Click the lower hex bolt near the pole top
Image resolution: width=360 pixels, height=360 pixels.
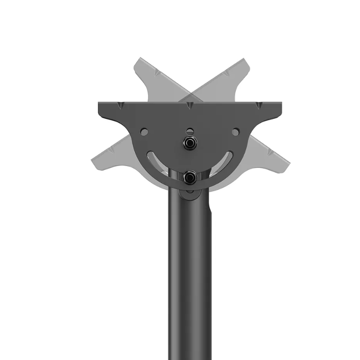coord(190,177)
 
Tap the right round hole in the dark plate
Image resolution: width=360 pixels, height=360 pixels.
coord(235,132)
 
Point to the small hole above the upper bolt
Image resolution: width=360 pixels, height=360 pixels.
coord(190,131)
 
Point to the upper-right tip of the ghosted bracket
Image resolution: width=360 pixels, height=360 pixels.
coord(242,62)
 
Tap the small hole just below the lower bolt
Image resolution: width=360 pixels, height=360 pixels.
coord(190,191)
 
